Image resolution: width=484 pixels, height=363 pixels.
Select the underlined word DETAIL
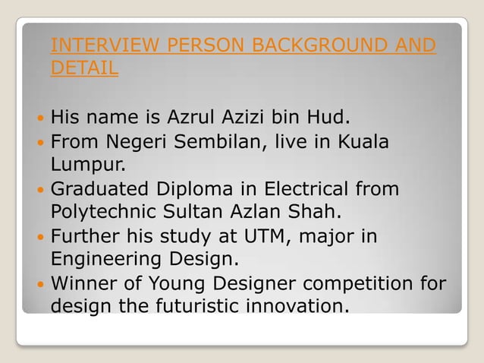tap(83, 68)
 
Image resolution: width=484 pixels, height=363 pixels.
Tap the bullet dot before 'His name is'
tap(39, 118)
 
